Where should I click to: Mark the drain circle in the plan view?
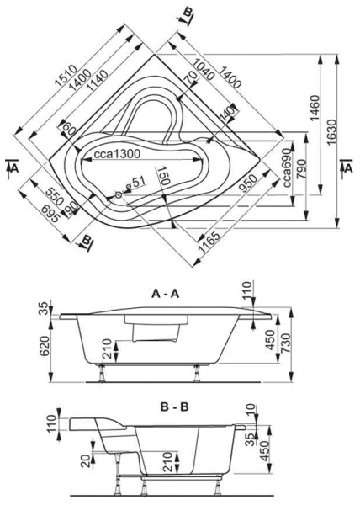(x=119, y=195)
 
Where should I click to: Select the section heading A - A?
(x=167, y=295)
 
